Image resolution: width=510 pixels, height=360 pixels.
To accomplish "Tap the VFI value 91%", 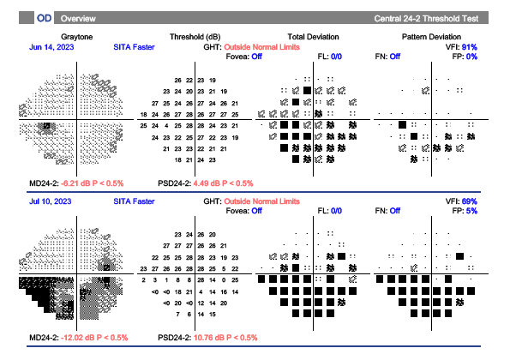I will (470, 46).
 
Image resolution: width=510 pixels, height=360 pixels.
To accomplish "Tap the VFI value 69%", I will (470, 201).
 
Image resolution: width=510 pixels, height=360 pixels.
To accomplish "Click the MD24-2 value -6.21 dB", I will (79, 183).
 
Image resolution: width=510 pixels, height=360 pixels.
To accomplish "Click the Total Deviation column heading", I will (314, 37).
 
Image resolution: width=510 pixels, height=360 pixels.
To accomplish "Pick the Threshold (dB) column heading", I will (196, 37).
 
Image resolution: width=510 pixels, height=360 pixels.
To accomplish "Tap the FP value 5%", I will (471, 210).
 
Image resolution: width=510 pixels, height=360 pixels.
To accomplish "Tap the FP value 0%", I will (471, 56).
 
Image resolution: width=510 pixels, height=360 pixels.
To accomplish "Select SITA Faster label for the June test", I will (134, 46).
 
